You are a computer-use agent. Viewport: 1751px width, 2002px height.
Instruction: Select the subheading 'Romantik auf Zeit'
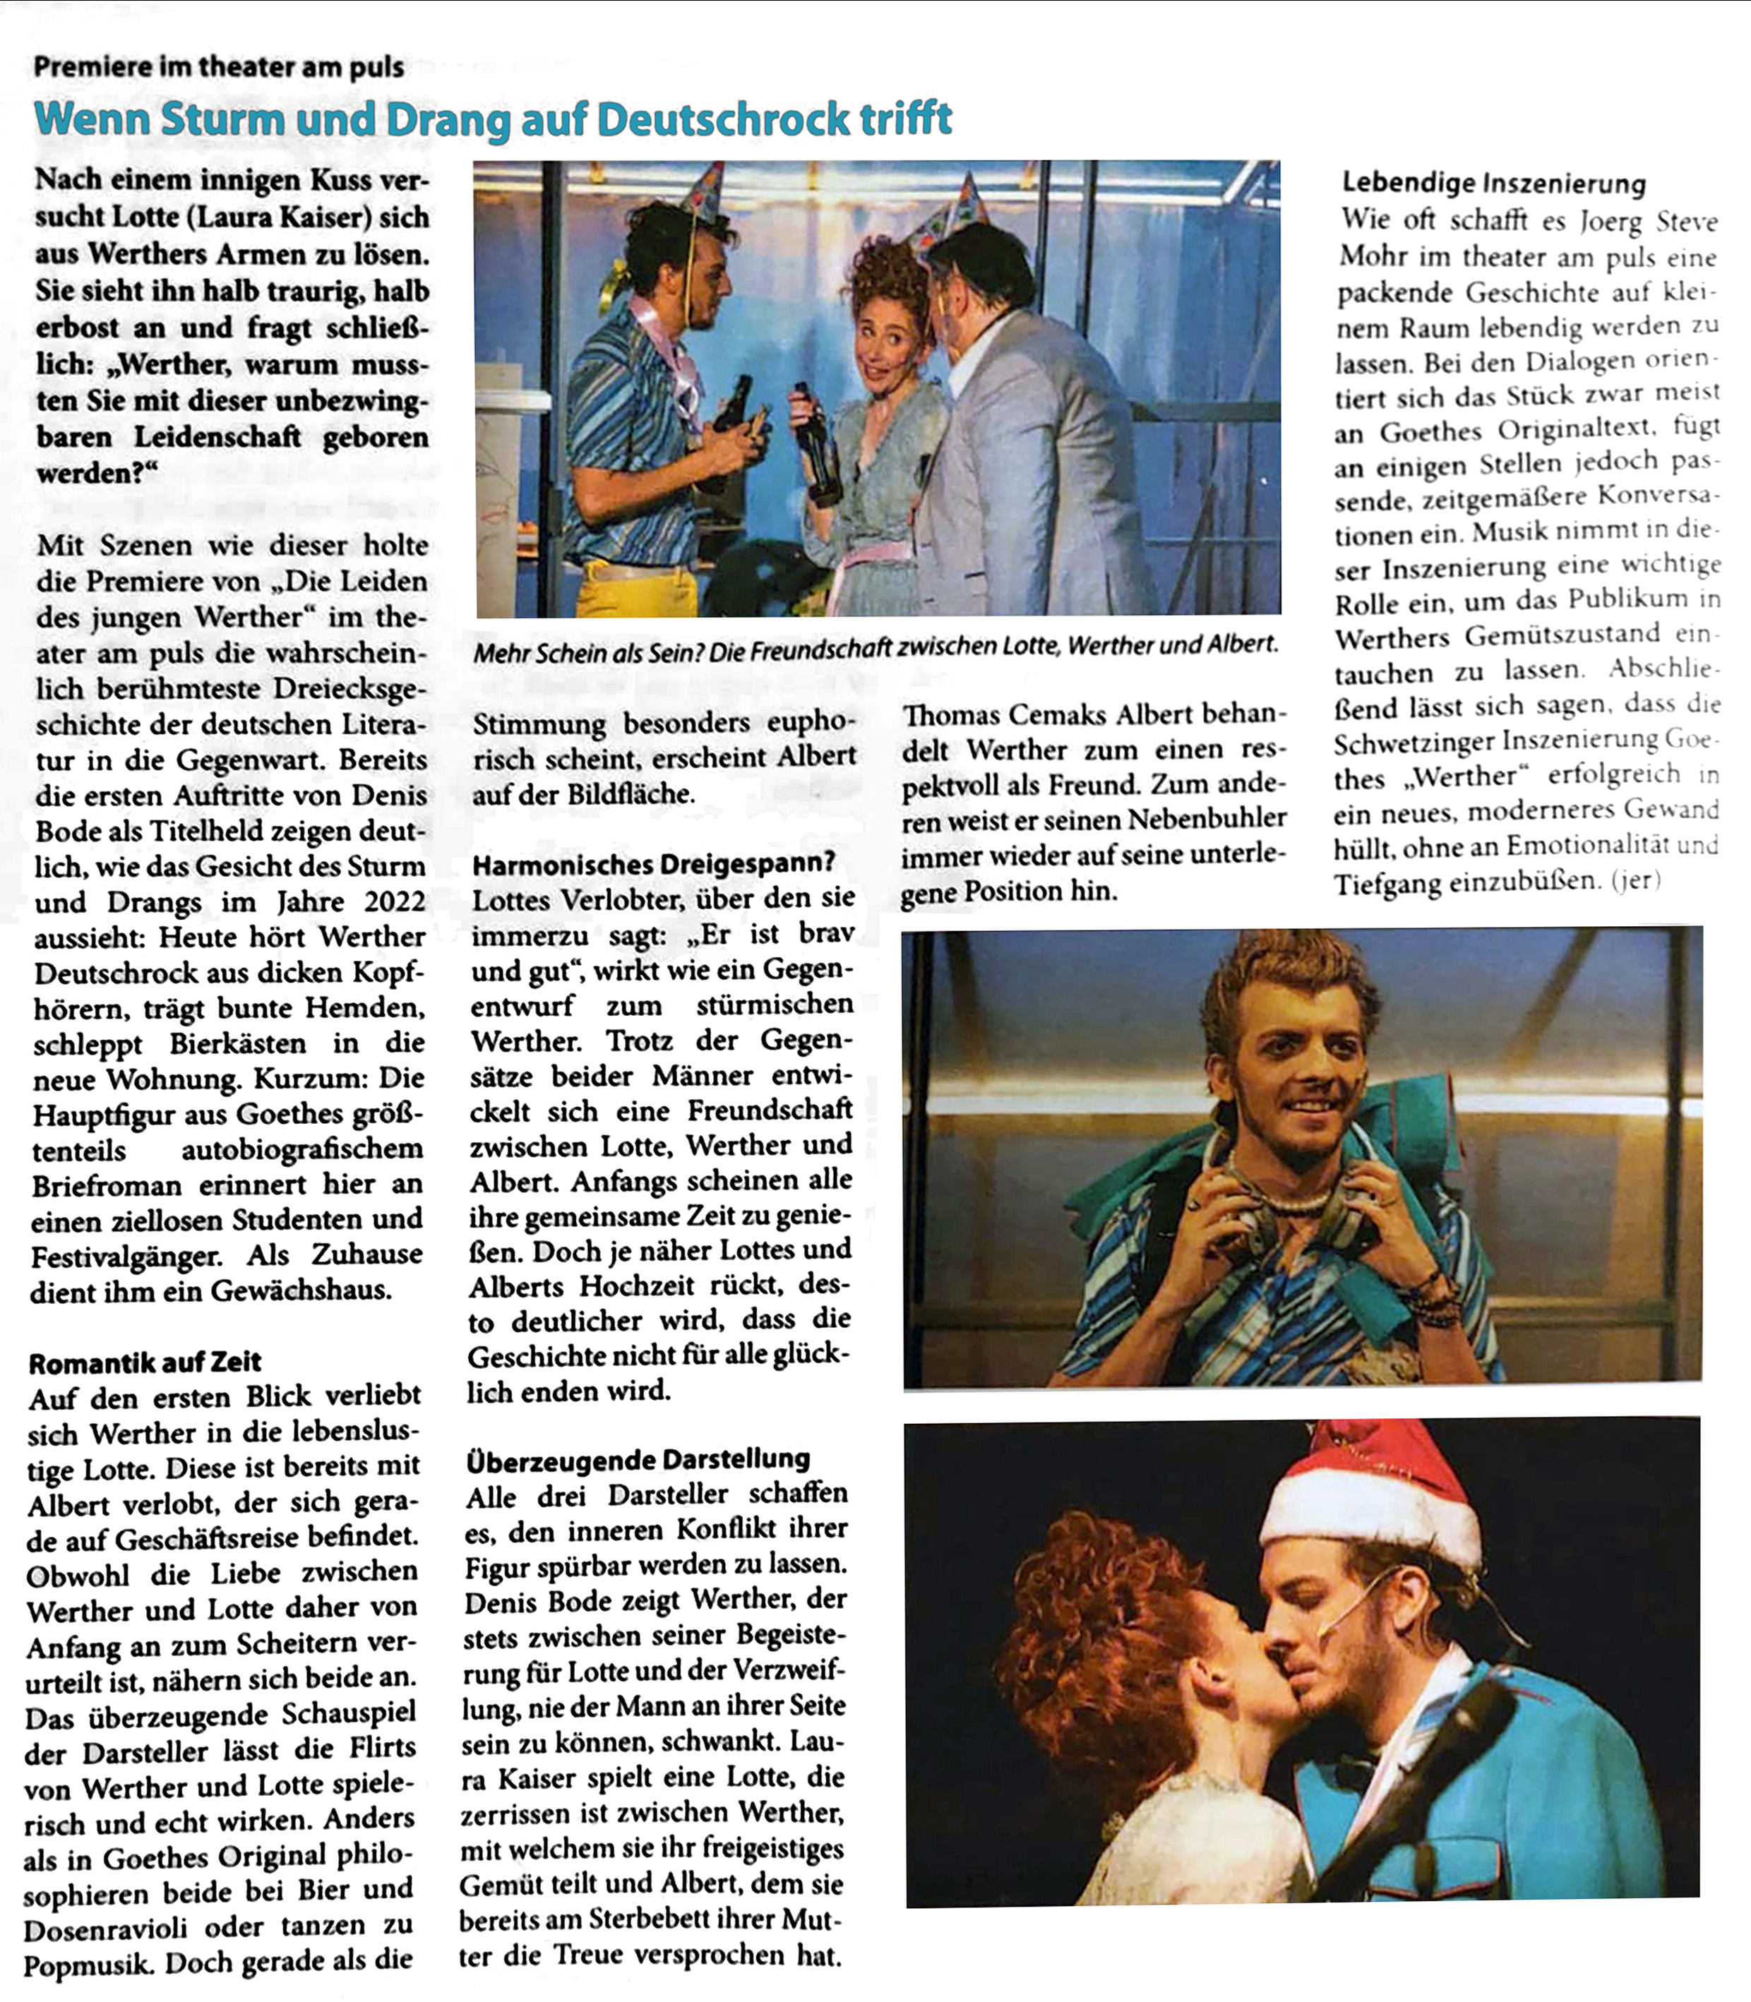(x=145, y=1362)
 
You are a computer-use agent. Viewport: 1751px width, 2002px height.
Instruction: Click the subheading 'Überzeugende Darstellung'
(x=638, y=1460)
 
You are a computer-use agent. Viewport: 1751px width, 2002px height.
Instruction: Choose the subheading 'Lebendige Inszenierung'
(x=1494, y=183)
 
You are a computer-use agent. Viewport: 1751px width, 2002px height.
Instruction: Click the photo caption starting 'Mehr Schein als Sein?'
(x=875, y=646)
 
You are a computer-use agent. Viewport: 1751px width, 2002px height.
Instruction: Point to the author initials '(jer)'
(x=1636, y=880)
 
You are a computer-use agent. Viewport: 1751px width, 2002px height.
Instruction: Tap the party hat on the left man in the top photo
(x=703, y=191)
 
